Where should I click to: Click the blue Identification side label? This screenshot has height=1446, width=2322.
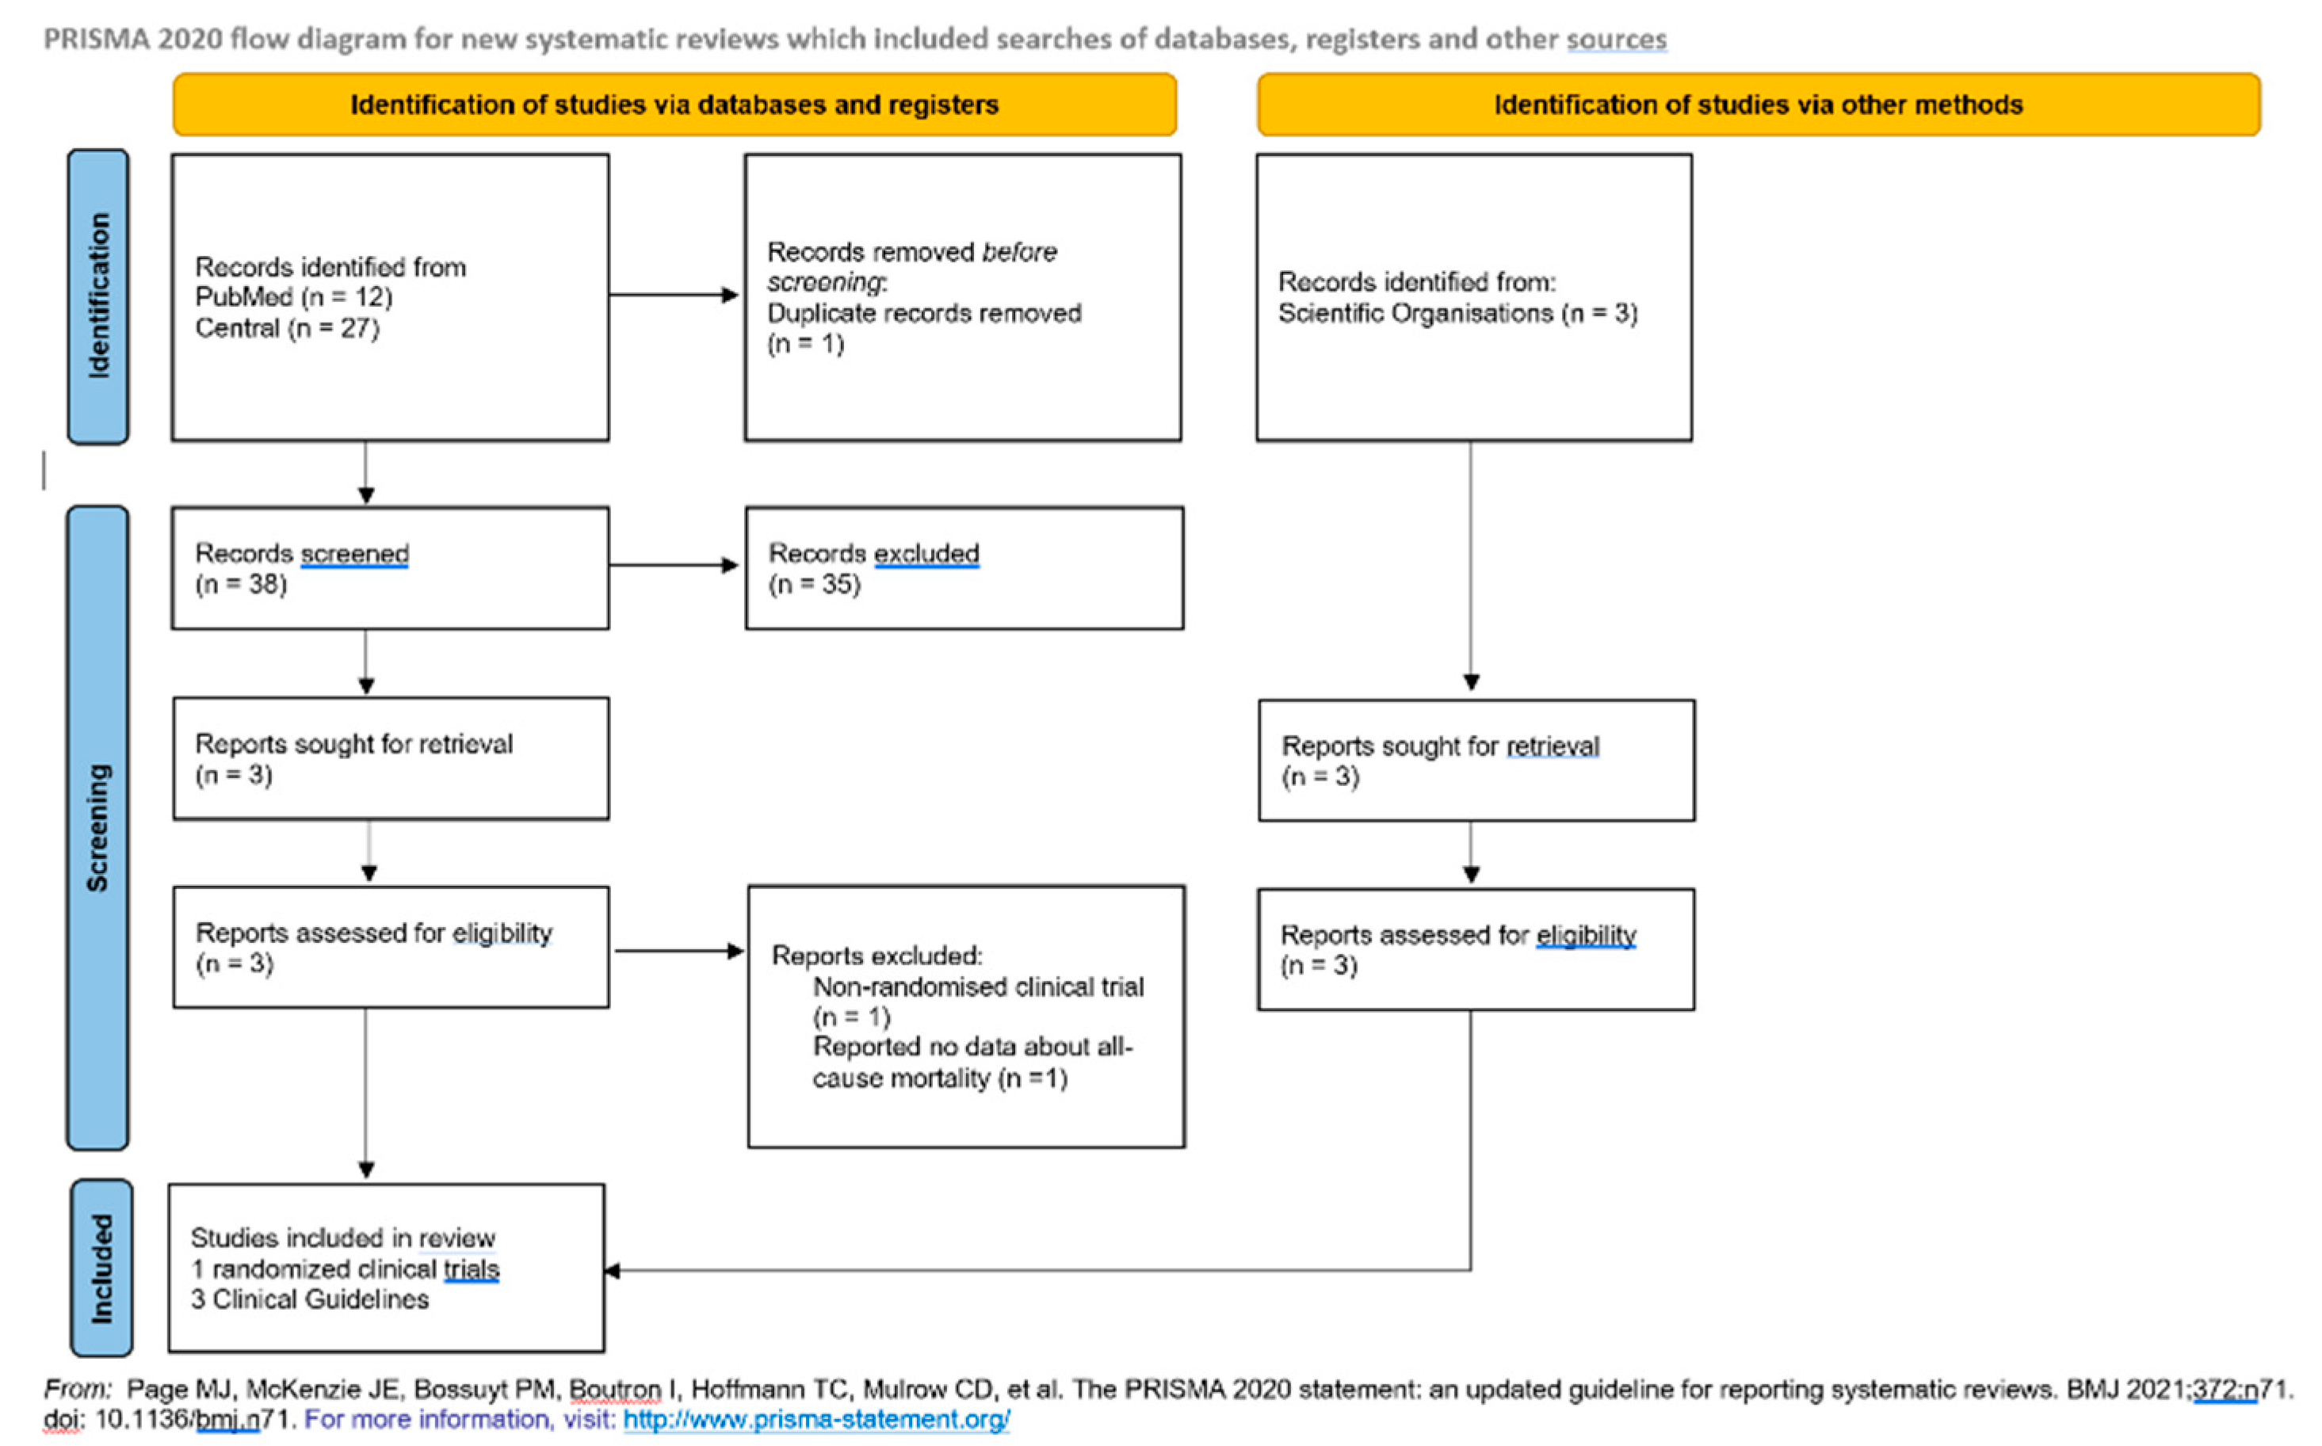pyautogui.click(x=98, y=296)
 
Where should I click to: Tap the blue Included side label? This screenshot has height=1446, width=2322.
pyautogui.click(x=101, y=1268)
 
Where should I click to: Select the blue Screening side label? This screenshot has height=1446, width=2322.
pyautogui.click(x=97, y=827)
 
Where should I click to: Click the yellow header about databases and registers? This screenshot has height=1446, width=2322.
pyautogui.click(x=674, y=105)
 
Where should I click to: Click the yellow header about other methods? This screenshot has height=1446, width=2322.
pyautogui.click(x=1758, y=105)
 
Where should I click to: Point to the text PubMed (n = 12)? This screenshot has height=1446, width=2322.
pyautogui.click(x=293, y=297)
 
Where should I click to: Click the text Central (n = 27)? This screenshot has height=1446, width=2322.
pyautogui.click(x=287, y=328)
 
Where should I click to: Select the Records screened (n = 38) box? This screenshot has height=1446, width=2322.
pyautogui.click(x=390, y=568)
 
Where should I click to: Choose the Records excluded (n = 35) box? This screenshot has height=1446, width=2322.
pyautogui.click(x=964, y=568)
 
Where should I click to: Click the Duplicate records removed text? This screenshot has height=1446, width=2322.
pyautogui.click(x=924, y=314)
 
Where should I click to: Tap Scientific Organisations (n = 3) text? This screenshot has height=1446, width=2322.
pyautogui.click(x=1457, y=314)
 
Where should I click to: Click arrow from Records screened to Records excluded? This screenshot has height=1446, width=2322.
pyautogui.click(x=674, y=565)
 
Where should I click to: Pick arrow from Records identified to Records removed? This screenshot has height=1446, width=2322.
pyautogui.click(x=674, y=295)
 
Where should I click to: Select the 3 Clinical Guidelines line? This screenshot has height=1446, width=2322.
pyautogui.click(x=310, y=1299)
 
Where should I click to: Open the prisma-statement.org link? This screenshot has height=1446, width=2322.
pyautogui.click(x=815, y=1419)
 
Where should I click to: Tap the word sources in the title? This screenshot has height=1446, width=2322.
pyautogui.click(x=1616, y=39)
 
